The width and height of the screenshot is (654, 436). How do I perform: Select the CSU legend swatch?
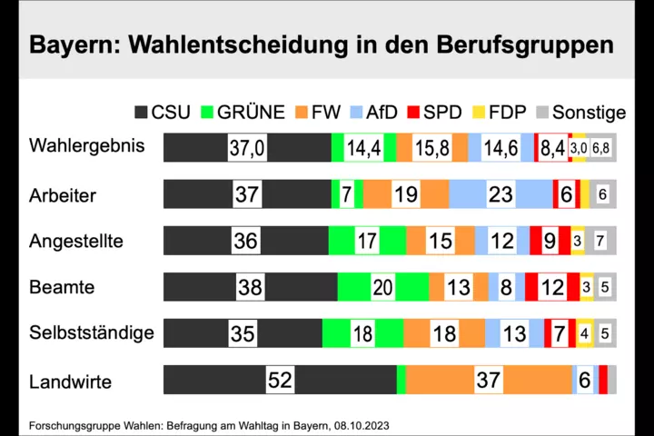click(x=141, y=113)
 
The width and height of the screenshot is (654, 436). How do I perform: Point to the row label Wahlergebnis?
click(x=86, y=146)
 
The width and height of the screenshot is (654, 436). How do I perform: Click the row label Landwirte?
click(x=71, y=381)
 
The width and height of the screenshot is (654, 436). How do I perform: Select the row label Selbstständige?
click(x=92, y=333)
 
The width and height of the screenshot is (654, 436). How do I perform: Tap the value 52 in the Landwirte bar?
click(x=280, y=380)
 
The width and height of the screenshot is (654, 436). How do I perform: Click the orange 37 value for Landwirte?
click(x=489, y=380)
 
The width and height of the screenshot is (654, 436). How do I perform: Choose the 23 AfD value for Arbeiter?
click(x=500, y=194)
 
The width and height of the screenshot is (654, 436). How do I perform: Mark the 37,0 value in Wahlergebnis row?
click(x=247, y=148)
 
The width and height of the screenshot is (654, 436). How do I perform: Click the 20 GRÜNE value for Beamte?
click(x=382, y=287)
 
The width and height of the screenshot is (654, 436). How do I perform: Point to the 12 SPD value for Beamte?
click(x=552, y=287)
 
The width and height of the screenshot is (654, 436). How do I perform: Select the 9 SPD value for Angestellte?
click(x=550, y=241)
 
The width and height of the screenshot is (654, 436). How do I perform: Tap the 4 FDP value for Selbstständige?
click(x=584, y=333)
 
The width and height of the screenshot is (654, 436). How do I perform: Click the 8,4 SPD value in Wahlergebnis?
click(x=552, y=148)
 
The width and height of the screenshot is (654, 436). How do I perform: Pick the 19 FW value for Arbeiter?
click(x=405, y=194)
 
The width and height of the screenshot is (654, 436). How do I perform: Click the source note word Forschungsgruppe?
click(x=74, y=424)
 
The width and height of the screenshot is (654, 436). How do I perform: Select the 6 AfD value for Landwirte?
click(x=585, y=380)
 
